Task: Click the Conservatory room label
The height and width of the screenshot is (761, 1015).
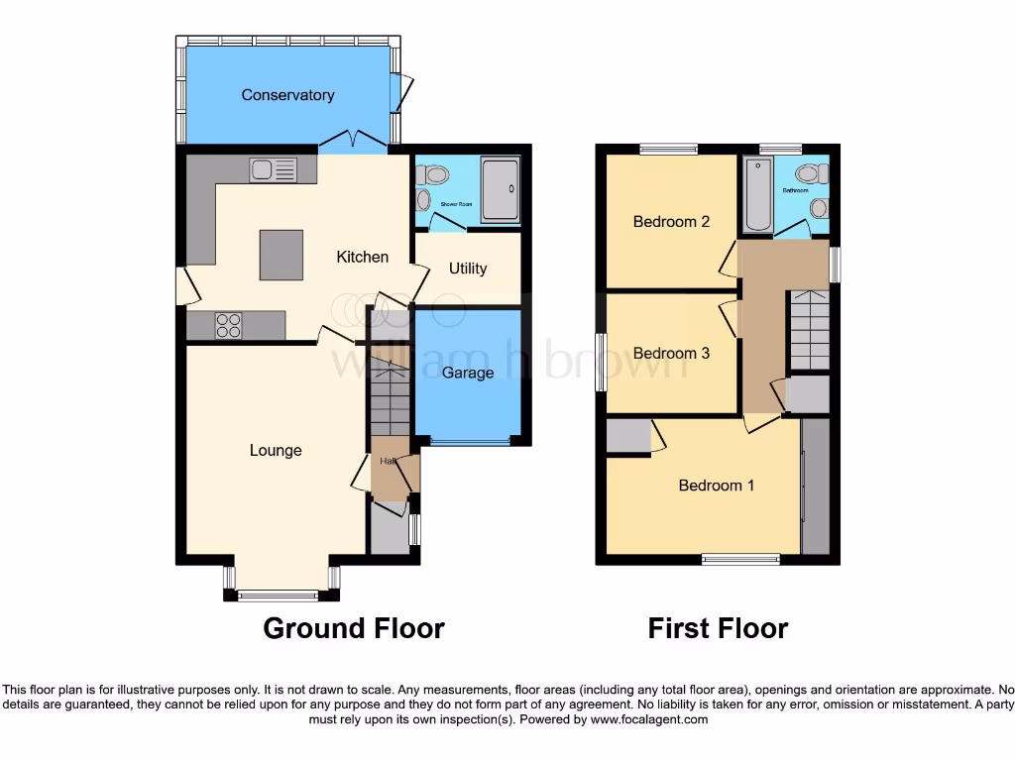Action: pos(287,95)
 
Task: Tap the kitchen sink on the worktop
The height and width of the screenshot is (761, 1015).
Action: pos(274,169)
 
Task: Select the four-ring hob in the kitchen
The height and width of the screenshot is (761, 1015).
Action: pos(229,324)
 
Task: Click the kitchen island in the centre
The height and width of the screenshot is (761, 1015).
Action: pos(281,254)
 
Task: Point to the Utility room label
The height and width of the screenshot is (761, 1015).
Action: pos(468,268)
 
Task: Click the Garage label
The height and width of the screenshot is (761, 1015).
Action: pos(468,373)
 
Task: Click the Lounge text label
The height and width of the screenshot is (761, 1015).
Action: pos(276,450)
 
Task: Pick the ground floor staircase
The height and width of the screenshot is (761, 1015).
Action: pos(390,400)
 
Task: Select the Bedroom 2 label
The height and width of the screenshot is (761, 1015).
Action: pos(671,221)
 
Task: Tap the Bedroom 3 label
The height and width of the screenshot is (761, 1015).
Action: pos(671,353)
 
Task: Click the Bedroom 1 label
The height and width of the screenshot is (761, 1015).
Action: pos(716,486)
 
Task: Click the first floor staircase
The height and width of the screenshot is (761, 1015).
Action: pos(810,331)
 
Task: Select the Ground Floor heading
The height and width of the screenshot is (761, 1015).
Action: pos(353,628)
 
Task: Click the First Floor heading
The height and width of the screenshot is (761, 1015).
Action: pos(718,628)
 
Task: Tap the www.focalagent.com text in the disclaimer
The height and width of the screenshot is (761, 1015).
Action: pos(648,719)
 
